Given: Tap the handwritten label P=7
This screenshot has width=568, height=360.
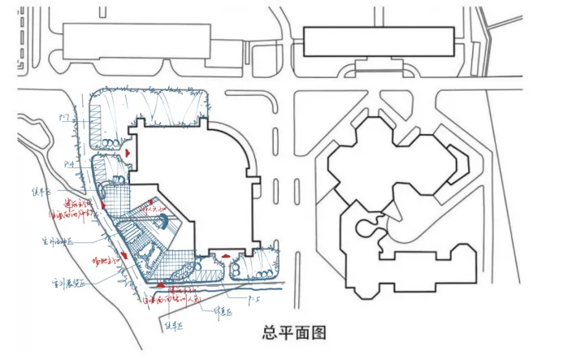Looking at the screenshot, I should [64, 119].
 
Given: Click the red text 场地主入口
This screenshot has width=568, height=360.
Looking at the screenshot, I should [89, 261].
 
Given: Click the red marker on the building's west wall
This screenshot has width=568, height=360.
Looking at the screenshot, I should [128, 152].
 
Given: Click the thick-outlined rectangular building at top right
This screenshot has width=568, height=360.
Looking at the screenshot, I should [378, 41].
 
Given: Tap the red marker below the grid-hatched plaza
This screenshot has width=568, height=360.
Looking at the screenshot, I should [160, 285].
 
